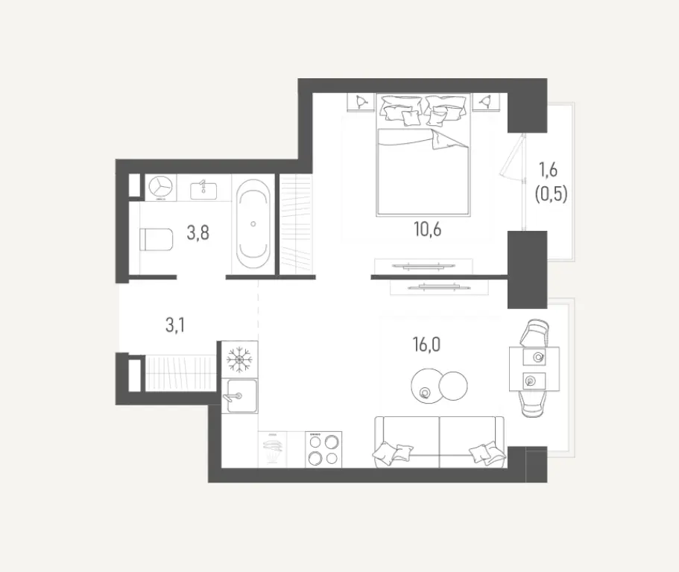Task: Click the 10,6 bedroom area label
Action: click(428, 229)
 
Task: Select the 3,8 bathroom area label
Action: click(198, 233)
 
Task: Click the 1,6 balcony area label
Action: click(551, 169)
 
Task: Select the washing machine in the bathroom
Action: click(160, 188)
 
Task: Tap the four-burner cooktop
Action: click(323, 450)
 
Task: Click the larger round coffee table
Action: click(426, 384)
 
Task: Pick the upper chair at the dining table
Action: click(536, 332)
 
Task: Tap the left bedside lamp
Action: click(361, 101)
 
